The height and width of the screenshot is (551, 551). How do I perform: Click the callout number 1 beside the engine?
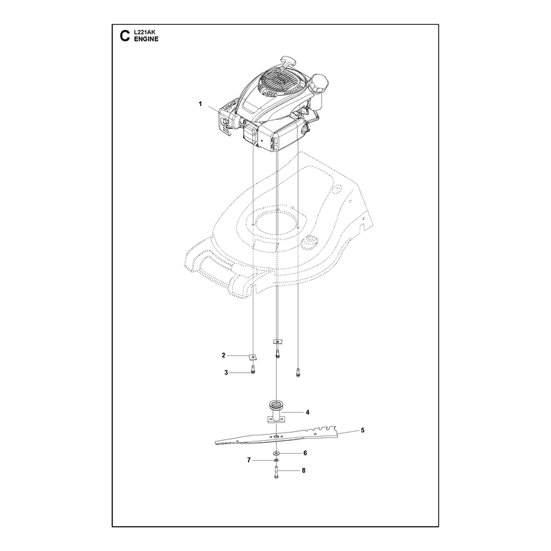tap(200, 104)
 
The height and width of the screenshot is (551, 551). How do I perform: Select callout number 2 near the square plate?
tap(223, 355)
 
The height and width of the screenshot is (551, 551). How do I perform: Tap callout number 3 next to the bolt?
tap(227, 373)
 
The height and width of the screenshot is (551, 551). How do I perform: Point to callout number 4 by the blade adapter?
tap(307, 412)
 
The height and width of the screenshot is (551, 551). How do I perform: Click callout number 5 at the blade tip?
tap(363, 430)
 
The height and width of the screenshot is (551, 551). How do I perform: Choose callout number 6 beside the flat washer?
tap(305, 453)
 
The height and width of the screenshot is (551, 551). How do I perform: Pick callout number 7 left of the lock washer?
tap(249, 460)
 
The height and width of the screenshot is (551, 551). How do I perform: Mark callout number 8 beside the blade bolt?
tap(304, 470)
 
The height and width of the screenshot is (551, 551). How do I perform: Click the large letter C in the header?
tap(125, 36)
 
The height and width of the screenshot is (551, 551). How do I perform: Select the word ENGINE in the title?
tap(146, 39)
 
